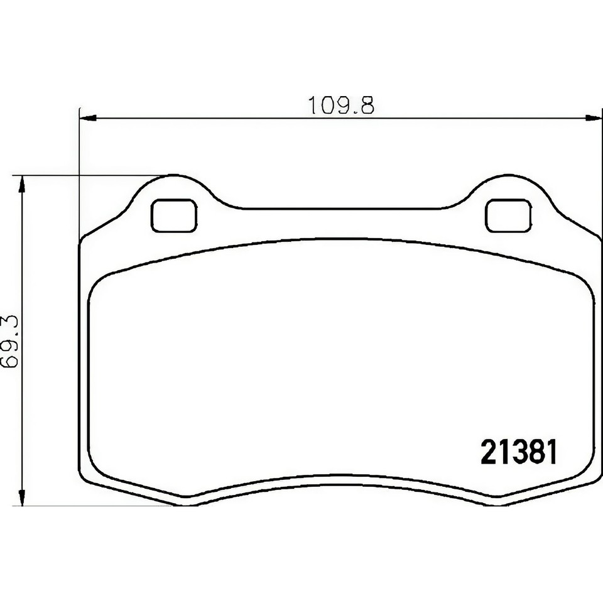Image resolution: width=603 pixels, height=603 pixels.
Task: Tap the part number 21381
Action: (x=519, y=452)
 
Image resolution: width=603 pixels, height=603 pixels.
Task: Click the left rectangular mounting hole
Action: (x=174, y=215)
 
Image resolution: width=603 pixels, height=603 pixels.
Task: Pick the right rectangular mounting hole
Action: (x=508, y=215)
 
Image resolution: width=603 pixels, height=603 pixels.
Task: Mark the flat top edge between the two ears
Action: (x=342, y=208)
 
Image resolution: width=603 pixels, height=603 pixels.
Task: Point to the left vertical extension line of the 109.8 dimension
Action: (x=80, y=176)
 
